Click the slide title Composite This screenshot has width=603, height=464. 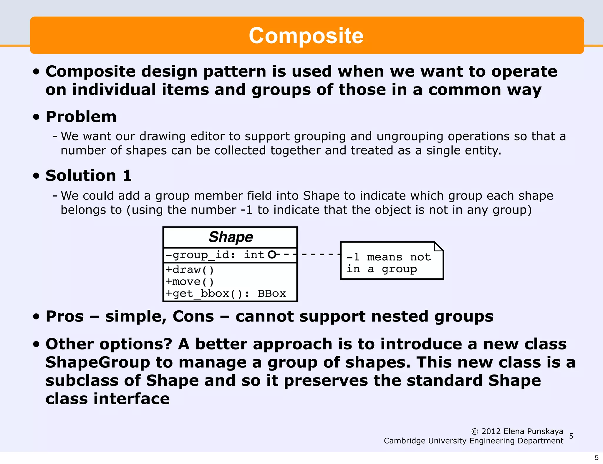point(306,36)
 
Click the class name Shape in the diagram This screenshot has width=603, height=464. point(231,237)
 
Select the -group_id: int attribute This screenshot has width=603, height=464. point(215,255)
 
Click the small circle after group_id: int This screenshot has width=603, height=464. point(272,254)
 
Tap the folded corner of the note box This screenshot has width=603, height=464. point(438,246)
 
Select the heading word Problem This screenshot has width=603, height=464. point(81,117)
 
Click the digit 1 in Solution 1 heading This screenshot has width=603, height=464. point(127,175)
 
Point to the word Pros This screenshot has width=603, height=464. point(65,316)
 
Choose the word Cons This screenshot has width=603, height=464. point(193,316)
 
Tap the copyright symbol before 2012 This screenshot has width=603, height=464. point(475,432)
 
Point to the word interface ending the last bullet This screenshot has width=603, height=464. point(132,399)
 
